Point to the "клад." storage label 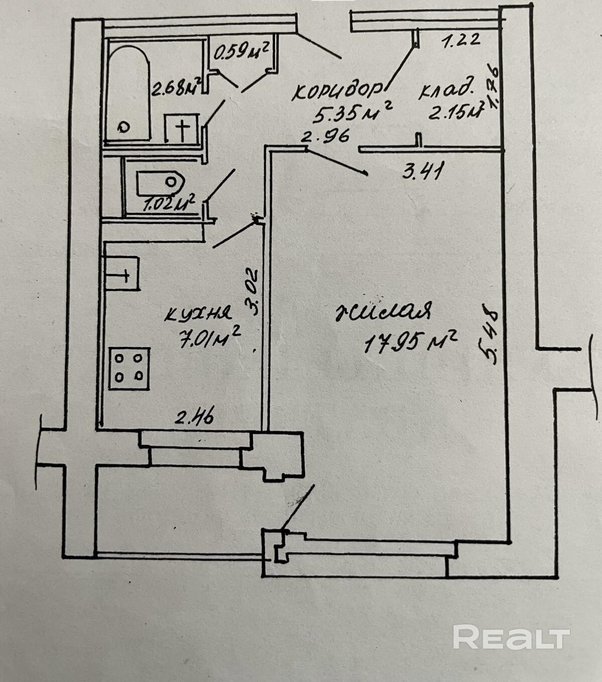pyautogui.click(x=446, y=91)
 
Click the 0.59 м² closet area pyautogui.click(x=241, y=51)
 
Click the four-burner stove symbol pyautogui.click(x=129, y=369)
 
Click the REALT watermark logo pyautogui.click(x=511, y=637)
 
